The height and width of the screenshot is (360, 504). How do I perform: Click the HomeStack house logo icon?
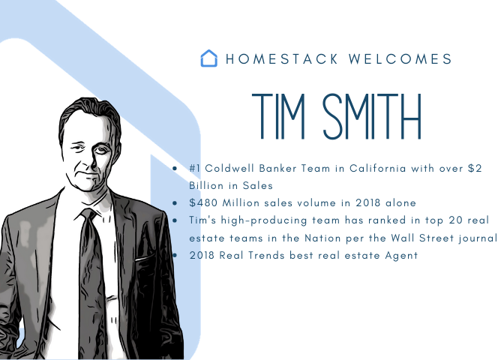click(x=209, y=58)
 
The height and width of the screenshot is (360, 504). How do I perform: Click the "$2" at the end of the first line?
click(x=474, y=169)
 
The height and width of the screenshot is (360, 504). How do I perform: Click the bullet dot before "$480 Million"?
click(x=175, y=203)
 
